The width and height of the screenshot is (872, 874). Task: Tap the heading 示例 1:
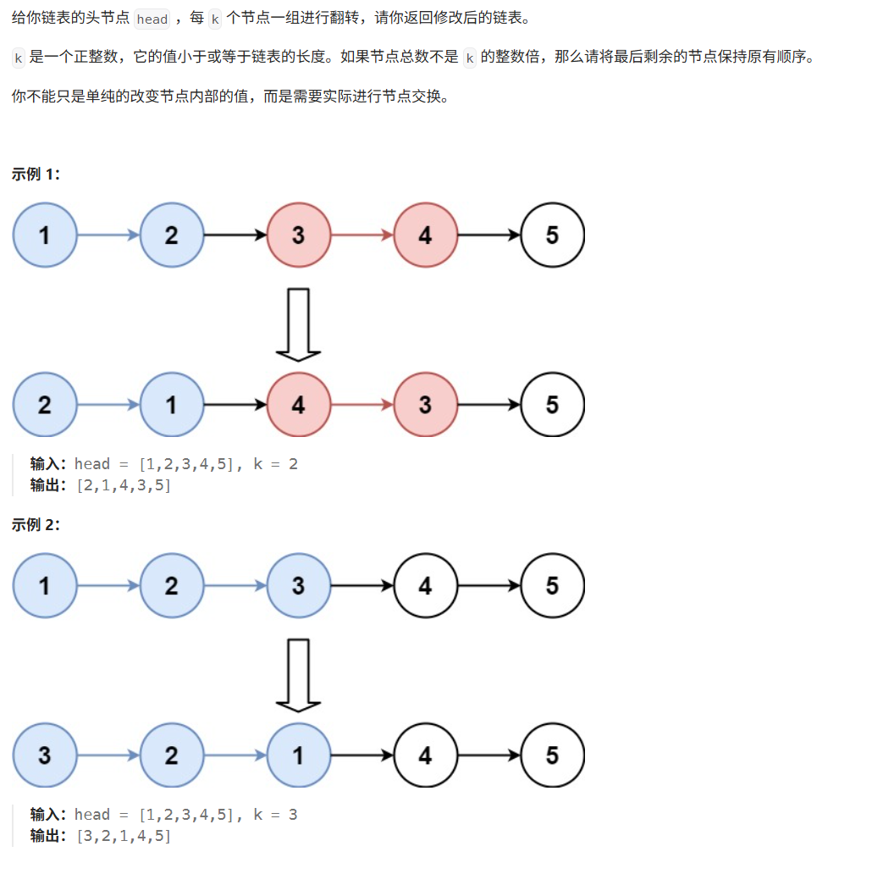[36, 174]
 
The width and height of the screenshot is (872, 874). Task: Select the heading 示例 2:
[36, 525]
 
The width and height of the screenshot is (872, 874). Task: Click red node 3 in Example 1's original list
[298, 235]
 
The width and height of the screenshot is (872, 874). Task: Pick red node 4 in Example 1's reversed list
[298, 405]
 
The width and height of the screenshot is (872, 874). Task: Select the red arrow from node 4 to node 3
[361, 405]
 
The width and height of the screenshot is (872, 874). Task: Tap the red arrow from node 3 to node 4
[361, 235]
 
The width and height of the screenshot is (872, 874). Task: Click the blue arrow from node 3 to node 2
[108, 755]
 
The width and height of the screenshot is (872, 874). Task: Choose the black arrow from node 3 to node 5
[488, 405]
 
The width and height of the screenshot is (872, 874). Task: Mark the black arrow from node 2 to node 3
[235, 235]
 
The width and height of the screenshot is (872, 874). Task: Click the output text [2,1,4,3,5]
[124, 485]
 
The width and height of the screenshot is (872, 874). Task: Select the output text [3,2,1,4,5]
[124, 836]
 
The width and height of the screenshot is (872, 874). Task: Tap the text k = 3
[275, 815]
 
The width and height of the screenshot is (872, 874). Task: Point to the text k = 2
[275, 464]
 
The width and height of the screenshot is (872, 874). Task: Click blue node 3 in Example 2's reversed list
[44, 755]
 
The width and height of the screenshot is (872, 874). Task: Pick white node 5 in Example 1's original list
[552, 235]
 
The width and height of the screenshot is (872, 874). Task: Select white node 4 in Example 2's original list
[425, 585]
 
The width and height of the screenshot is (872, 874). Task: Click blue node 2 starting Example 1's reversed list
[44, 405]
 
